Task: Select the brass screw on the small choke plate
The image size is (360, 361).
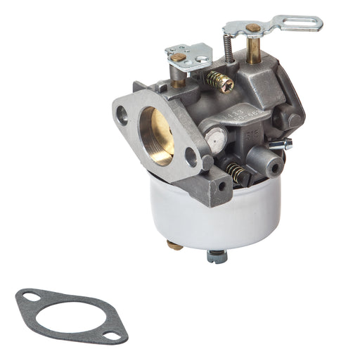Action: [x=179, y=57]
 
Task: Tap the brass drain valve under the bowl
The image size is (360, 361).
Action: [x=174, y=245]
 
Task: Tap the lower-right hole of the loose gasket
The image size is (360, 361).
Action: [x=112, y=336]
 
